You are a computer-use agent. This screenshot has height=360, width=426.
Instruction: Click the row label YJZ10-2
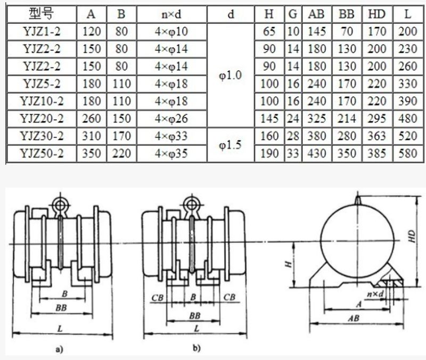click(x=43, y=102)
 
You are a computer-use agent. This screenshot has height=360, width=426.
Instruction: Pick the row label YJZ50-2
click(x=43, y=153)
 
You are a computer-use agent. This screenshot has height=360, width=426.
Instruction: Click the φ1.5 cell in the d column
click(x=231, y=145)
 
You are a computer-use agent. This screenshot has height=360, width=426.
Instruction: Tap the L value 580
click(x=407, y=153)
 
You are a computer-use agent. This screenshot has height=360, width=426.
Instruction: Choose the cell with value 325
click(x=317, y=119)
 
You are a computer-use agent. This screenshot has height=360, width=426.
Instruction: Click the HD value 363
click(x=376, y=136)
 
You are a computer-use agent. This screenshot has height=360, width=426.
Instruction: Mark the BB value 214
click(x=347, y=119)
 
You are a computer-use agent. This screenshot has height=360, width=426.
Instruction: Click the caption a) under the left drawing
click(x=60, y=350)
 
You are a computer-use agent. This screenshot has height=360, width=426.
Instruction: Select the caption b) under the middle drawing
click(x=196, y=350)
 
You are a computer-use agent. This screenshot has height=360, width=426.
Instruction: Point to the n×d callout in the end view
click(x=375, y=292)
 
